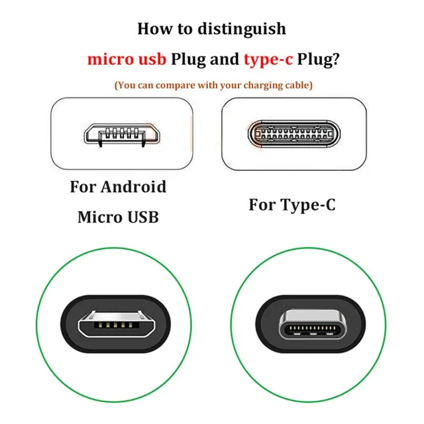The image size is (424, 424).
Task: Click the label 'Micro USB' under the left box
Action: click(118, 217)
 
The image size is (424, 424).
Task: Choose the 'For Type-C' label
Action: click(292, 205)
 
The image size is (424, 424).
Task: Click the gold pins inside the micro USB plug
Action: click(110, 326)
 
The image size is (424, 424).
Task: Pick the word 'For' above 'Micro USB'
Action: click(85, 187)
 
